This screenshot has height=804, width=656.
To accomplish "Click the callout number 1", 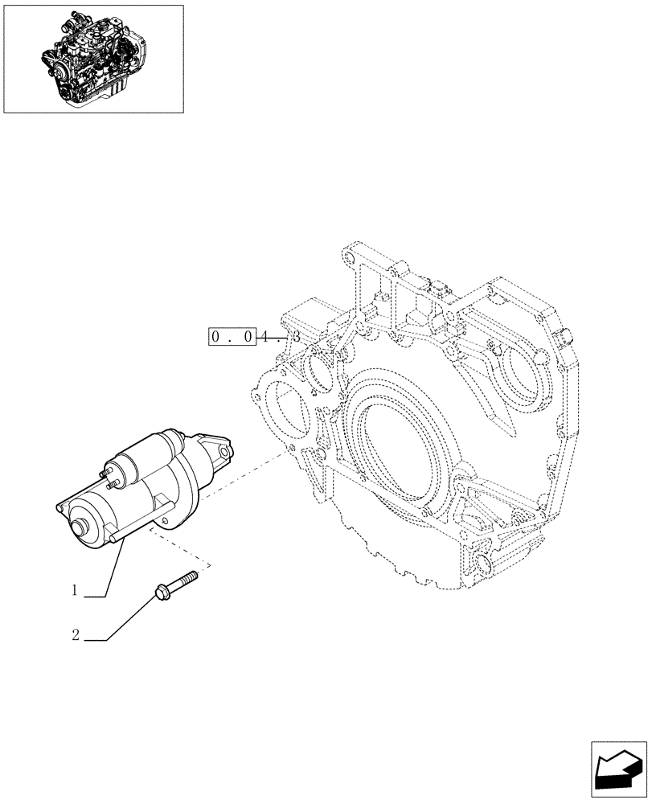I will pos(74,591).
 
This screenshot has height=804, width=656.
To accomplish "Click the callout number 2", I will pos(75,636).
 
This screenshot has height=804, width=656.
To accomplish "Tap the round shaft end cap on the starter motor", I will pos(80,528).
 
